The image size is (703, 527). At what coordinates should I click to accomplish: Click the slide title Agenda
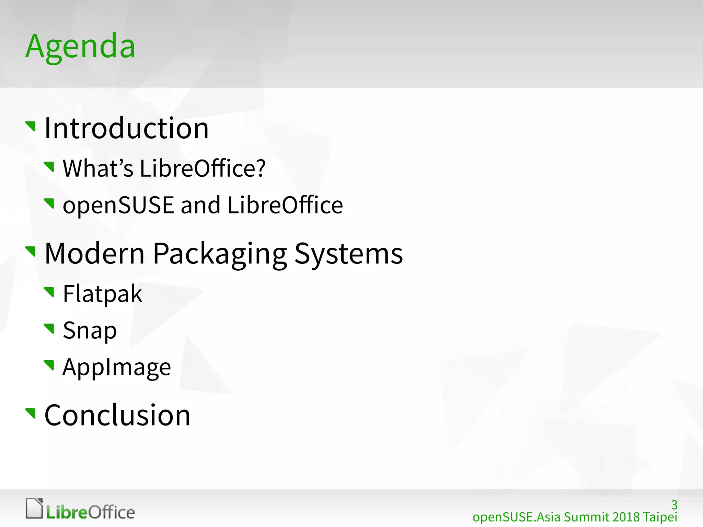[x=80, y=47]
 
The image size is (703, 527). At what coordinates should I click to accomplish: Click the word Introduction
[x=127, y=128]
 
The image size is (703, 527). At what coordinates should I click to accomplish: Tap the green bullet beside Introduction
[x=31, y=126]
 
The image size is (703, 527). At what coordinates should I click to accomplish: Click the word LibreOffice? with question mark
[x=203, y=168]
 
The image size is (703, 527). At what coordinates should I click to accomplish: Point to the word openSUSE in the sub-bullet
[x=118, y=205]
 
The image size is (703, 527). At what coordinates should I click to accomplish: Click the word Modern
[x=95, y=254]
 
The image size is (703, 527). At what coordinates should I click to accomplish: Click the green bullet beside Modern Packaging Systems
[x=31, y=251]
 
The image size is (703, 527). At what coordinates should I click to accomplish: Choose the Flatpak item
[x=102, y=294]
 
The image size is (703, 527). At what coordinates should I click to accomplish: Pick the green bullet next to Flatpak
[x=49, y=292]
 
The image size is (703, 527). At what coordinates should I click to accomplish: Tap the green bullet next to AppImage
[x=49, y=365]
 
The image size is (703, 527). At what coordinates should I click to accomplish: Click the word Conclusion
[x=117, y=415]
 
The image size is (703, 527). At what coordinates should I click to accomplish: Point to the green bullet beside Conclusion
[x=31, y=413]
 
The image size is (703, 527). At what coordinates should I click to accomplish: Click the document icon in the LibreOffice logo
[x=34, y=508]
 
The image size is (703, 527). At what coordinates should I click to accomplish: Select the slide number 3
[x=674, y=505]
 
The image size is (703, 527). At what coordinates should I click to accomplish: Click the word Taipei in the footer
[x=660, y=517]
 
